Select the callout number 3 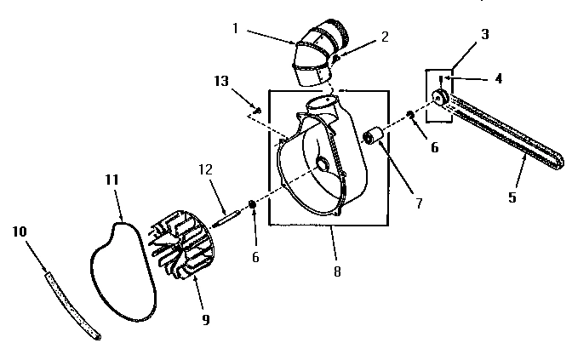coord(484,35)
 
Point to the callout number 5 coord(512,197)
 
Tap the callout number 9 coord(205,320)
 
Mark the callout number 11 coord(110,180)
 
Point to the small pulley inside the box coord(440,99)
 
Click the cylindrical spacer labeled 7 coord(372,135)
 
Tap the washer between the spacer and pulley coord(410,115)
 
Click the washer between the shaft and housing coord(253,203)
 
